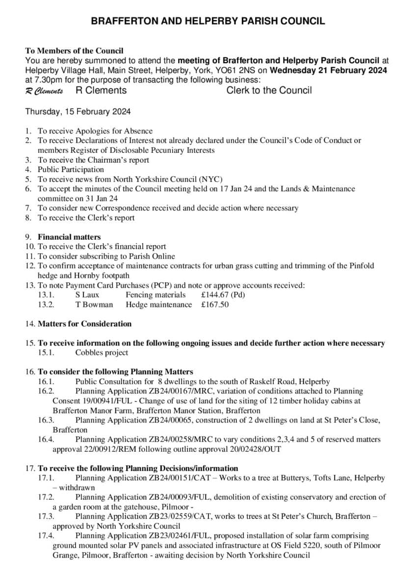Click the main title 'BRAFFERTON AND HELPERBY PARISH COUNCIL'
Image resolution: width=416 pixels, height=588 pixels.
pos(208,21)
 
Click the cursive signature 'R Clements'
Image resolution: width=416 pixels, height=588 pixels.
pos(44,91)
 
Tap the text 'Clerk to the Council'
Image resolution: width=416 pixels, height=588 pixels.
pos(269,90)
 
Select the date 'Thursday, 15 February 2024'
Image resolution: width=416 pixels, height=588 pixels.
pos(78,112)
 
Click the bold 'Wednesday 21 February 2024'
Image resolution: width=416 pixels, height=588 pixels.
pos(329,70)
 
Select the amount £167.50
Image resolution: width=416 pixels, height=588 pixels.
pos(215,305)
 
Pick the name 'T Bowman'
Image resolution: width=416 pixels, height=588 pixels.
pos(94,305)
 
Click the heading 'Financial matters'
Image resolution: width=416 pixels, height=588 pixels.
pos(69,237)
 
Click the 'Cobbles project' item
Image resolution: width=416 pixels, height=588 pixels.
pos(102,353)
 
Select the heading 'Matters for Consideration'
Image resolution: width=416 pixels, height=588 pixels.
pos(85,324)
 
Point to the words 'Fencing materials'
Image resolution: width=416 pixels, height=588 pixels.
pos(156,295)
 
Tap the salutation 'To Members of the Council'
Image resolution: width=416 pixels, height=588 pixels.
pos(74,50)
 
